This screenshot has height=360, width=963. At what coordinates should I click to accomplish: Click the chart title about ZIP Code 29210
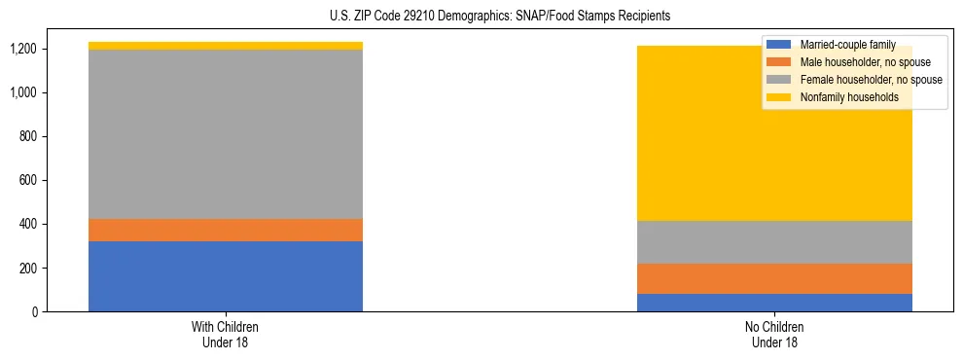pyautogui.click(x=481, y=17)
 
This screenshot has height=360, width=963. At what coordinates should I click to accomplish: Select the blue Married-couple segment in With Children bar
pyautogui.click(x=226, y=276)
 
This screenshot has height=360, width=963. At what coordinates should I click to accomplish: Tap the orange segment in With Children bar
pyautogui.click(x=226, y=230)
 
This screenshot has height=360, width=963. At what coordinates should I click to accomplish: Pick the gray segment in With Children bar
pyautogui.click(x=226, y=134)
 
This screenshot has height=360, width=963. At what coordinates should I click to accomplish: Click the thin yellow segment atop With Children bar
pyautogui.click(x=226, y=46)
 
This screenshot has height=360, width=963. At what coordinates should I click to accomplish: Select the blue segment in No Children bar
pyautogui.click(x=774, y=303)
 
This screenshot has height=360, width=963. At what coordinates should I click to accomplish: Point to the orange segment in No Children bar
pyautogui.click(x=774, y=278)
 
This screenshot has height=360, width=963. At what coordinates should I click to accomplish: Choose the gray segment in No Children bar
pyautogui.click(x=774, y=242)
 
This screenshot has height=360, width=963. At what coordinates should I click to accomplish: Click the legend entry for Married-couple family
pyautogui.click(x=845, y=45)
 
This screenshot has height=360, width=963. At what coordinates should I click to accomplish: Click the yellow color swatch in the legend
pyautogui.click(x=778, y=97)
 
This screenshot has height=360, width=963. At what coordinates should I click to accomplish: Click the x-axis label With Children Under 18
pyautogui.click(x=226, y=334)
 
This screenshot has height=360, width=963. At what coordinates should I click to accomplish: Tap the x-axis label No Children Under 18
pyautogui.click(x=774, y=334)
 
